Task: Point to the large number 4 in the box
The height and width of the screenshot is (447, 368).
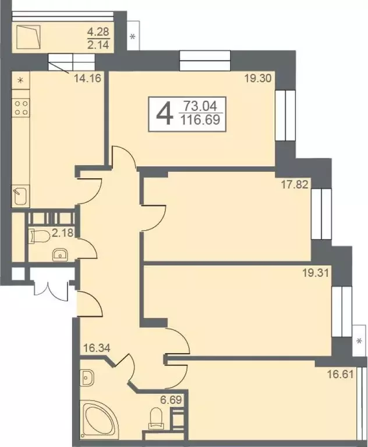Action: pyautogui.click(x=165, y=113)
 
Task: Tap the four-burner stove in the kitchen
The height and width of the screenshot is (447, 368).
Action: pyautogui.click(x=22, y=108)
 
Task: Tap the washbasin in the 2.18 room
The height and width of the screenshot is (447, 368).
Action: pyautogui.click(x=59, y=254)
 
